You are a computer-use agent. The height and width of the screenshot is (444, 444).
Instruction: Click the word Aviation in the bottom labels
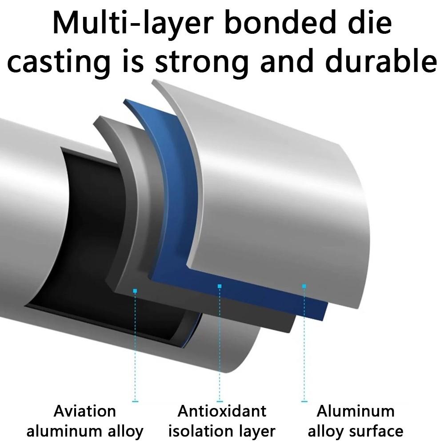pos(84,411)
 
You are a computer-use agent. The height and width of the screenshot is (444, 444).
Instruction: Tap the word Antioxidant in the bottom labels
pos(222,411)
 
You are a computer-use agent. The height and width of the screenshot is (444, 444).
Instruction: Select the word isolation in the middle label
pos(200,431)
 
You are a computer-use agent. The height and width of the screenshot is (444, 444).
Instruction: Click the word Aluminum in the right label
pos(356,411)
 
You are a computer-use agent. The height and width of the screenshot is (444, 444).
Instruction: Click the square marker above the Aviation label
pos(135,291)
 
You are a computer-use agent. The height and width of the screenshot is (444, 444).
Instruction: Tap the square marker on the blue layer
pos(220,286)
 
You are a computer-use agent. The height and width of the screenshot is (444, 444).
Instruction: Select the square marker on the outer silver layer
pos(304,286)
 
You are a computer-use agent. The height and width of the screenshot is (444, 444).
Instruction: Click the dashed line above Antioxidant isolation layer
pos(220,344)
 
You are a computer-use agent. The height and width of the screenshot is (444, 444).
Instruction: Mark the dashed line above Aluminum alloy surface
pos(304,344)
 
